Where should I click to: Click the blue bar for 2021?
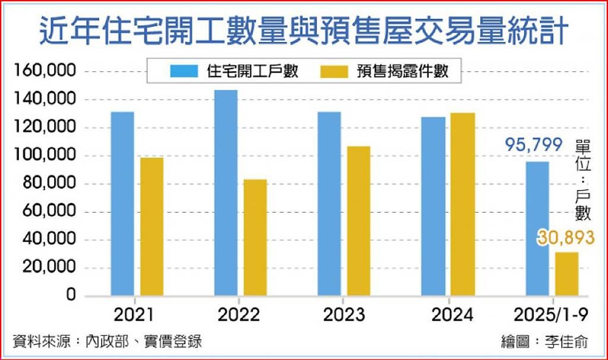[x=122, y=204]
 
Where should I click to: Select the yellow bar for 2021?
[x=151, y=226]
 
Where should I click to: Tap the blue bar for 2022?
[x=226, y=192]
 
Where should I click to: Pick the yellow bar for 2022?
[x=255, y=238]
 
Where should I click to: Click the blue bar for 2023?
[x=329, y=204]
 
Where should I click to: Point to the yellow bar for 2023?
[x=359, y=221]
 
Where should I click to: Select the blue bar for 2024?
[x=433, y=206]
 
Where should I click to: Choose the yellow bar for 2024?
[x=463, y=204]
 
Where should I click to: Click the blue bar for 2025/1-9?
[x=537, y=229]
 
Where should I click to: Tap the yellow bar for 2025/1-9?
[x=566, y=274]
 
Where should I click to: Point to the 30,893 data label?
[x=566, y=238]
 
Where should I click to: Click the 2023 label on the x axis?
[x=344, y=315]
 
